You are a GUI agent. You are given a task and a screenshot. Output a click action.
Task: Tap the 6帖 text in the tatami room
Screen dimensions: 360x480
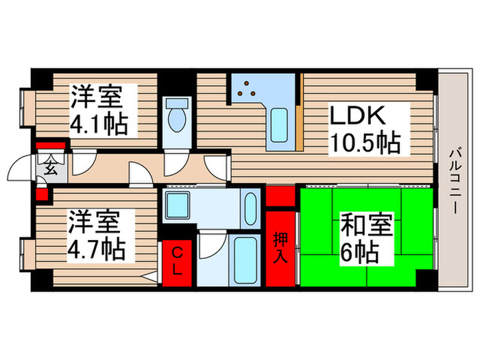[x=359, y=254]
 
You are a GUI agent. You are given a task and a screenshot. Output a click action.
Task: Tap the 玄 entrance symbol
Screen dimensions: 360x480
[x=50, y=165]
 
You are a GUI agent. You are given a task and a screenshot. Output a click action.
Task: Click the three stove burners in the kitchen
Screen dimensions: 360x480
[x=248, y=89]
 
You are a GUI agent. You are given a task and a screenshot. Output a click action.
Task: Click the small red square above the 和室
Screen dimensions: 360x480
[x=279, y=195]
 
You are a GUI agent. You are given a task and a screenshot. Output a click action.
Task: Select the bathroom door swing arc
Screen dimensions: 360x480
[x=212, y=245]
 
